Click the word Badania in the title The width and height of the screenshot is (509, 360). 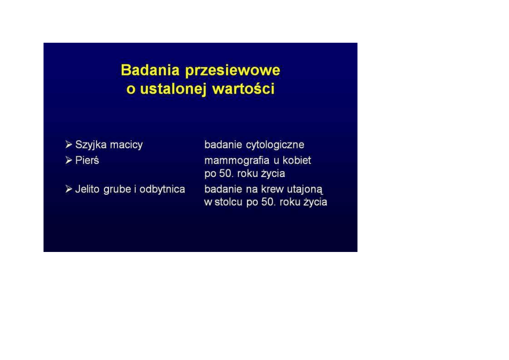[x=150, y=70]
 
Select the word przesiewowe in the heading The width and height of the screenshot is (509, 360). [x=233, y=71]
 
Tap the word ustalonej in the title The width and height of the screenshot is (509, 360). [x=173, y=89]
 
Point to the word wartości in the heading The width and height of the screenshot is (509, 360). [x=243, y=89]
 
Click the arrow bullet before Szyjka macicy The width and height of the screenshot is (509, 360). [x=69, y=145]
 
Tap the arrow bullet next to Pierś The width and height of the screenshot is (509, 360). [x=69, y=160]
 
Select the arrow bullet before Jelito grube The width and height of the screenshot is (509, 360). [x=69, y=189]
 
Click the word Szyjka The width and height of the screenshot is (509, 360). [x=91, y=145]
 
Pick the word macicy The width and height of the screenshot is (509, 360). [x=126, y=145]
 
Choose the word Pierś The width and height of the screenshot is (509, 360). [x=87, y=160]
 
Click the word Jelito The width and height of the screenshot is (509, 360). [x=87, y=189]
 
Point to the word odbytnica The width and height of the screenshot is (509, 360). [x=162, y=189]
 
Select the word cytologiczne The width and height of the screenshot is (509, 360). [x=275, y=145]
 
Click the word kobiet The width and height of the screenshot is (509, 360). [x=297, y=160]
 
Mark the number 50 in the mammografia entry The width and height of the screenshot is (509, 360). [x=225, y=174]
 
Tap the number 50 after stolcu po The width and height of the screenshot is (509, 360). [x=268, y=202]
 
